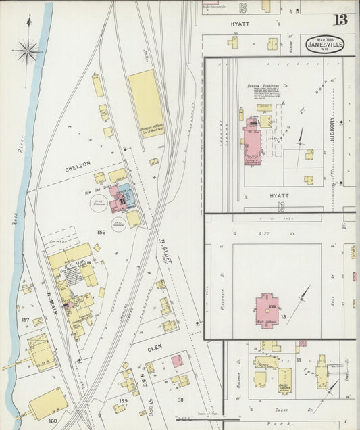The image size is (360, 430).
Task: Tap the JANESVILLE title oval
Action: [324, 45]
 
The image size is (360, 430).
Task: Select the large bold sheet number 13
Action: [341, 18]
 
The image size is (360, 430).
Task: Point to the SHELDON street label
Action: [78, 165]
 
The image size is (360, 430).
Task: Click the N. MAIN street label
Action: [51, 298]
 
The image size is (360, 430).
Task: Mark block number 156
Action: [102, 232]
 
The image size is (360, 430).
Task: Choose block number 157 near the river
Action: [26, 320]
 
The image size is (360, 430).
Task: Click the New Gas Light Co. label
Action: [101, 193]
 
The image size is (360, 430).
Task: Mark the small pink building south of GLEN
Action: [176, 361]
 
